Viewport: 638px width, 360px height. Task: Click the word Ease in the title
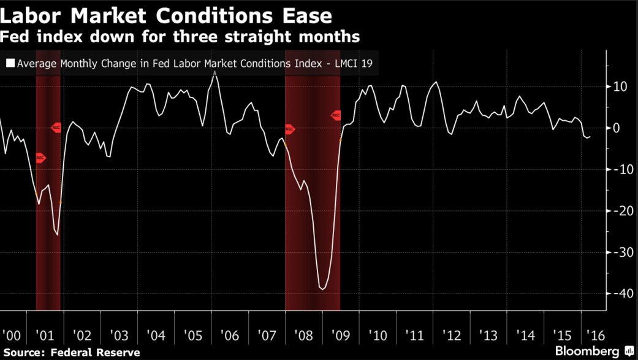point(303,15)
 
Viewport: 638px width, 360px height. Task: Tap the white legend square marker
point(10,63)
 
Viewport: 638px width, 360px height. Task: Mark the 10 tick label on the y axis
point(620,86)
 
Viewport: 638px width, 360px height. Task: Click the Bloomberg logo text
point(587,351)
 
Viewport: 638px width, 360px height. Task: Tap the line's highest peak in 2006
point(215,73)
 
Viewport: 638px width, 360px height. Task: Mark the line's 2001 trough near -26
point(58,235)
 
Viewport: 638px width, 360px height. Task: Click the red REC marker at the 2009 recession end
point(336,115)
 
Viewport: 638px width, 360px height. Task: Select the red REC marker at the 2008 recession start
point(289,129)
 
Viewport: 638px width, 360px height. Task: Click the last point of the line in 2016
point(590,137)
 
